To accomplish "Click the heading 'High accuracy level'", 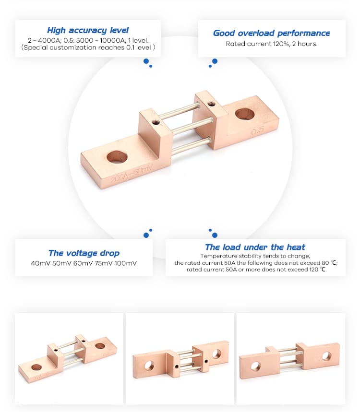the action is tap(88, 30).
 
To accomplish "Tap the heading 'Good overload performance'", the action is tap(272, 33).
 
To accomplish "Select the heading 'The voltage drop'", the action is tap(84, 253).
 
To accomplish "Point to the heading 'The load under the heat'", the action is tap(255, 247).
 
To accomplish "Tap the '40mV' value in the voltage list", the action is tap(40, 263).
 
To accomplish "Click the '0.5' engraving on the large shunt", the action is tap(258, 130).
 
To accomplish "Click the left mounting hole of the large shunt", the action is tap(117, 157).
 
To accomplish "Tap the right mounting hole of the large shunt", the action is tap(245, 114).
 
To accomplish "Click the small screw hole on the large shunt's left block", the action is tap(156, 122).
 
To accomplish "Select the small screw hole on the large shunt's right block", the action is tap(211, 104).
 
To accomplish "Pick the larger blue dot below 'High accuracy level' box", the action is tap(146, 61).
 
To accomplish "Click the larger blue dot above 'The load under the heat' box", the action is tap(215, 235).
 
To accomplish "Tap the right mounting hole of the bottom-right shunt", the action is tap(325, 356).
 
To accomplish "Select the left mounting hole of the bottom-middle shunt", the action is tap(149, 365).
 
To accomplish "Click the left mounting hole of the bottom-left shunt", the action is tap(36, 367).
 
